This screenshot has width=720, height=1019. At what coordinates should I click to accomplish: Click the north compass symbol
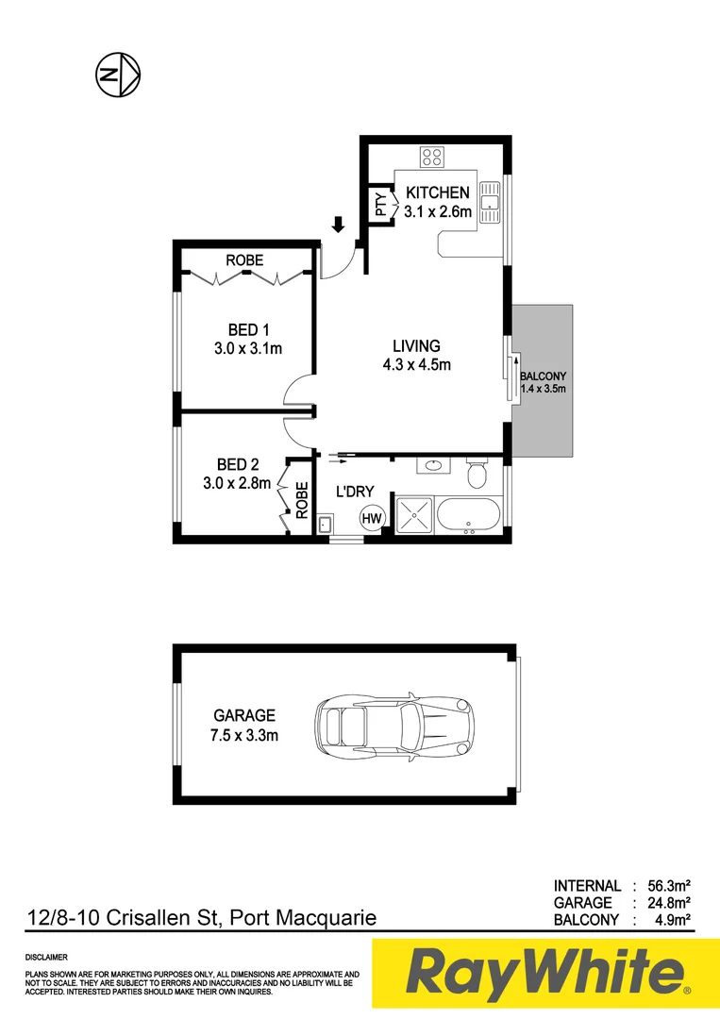point(118,75)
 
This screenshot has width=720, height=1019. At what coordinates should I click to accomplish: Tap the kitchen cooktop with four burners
point(433,157)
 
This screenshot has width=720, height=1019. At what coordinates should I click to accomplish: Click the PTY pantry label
point(380,207)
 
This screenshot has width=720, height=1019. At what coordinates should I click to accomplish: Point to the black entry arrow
point(338,225)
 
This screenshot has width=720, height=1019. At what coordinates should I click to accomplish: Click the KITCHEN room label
point(437,192)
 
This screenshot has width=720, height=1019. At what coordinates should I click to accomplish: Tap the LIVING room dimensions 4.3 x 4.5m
point(416,365)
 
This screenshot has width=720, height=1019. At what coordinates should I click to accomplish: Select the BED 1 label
point(249,330)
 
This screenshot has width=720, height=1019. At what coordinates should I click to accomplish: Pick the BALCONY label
point(543,376)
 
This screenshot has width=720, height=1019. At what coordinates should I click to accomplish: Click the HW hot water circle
point(373,518)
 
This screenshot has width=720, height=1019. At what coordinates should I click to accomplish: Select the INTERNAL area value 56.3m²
point(668,886)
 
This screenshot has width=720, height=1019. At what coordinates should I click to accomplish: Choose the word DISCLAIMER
point(46,958)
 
